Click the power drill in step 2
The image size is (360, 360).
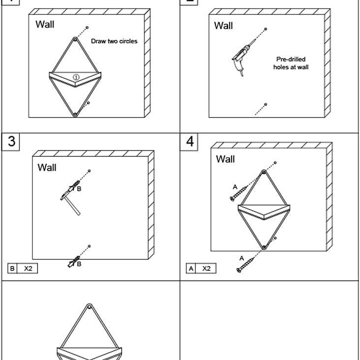(x=241, y=58)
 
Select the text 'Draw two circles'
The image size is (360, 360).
(x=114, y=41)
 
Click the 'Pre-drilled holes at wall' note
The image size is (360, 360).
(x=291, y=63)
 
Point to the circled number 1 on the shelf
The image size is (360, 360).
(x=76, y=77)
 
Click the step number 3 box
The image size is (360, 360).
(x=10, y=142)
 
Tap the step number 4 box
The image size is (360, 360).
(x=189, y=142)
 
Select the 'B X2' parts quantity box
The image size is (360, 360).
(x=23, y=268)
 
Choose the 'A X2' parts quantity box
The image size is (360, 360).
(x=201, y=268)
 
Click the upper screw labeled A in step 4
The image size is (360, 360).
(x=239, y=194)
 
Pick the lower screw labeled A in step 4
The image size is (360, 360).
(x=245, y=265)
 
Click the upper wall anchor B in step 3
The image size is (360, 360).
(x=74, y=186)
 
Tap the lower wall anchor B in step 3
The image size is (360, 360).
(x=74, y=262)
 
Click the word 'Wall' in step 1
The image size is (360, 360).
(x=45, y=24)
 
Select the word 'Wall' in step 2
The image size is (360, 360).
(x=223, y=26)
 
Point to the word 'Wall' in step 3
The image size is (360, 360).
(x=47, y=167)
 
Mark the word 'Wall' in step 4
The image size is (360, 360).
(x=225, y=159)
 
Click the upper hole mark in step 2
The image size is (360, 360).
(x=266, y=29)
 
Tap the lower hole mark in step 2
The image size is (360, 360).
(x=266, y=104)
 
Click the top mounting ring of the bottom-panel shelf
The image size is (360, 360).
(x=90, y=307)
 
